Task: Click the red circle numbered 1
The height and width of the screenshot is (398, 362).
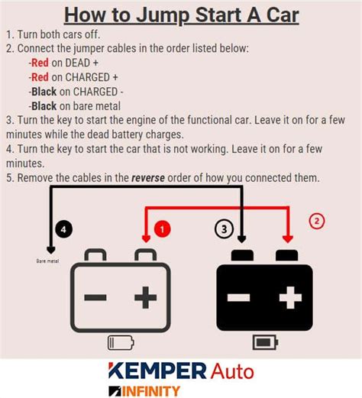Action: pos(162,228)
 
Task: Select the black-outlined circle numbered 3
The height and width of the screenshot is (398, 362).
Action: pos(223,228)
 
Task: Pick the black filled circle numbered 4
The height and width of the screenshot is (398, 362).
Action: pos(64,228)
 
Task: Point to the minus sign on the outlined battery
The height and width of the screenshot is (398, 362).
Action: pos(95,297)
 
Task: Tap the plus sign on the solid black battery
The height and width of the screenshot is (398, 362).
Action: pos(289,297)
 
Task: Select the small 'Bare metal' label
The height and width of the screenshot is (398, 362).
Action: pos(47,260)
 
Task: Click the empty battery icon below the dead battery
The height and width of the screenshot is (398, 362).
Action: pos(120,341)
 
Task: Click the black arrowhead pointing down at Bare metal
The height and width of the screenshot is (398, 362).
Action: pos(50,249)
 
